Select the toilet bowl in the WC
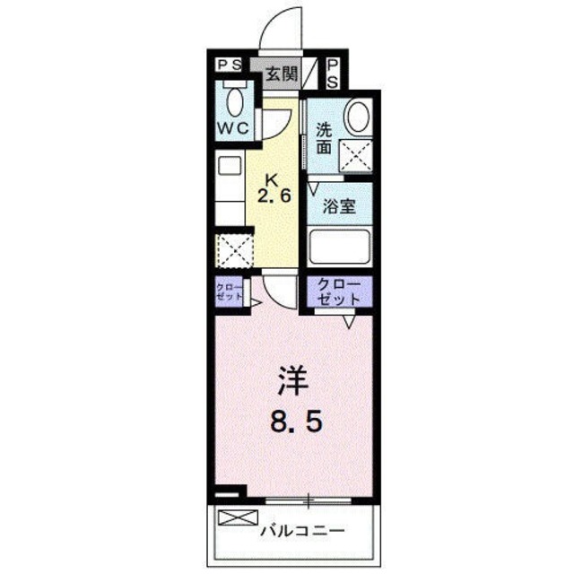[237, 99]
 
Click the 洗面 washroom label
[325, 136]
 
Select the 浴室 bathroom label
[339, 205]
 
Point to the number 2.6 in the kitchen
[274, 196]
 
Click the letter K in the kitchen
[273, 177]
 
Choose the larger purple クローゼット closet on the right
[339, 291]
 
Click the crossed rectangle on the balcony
[235, 517]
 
